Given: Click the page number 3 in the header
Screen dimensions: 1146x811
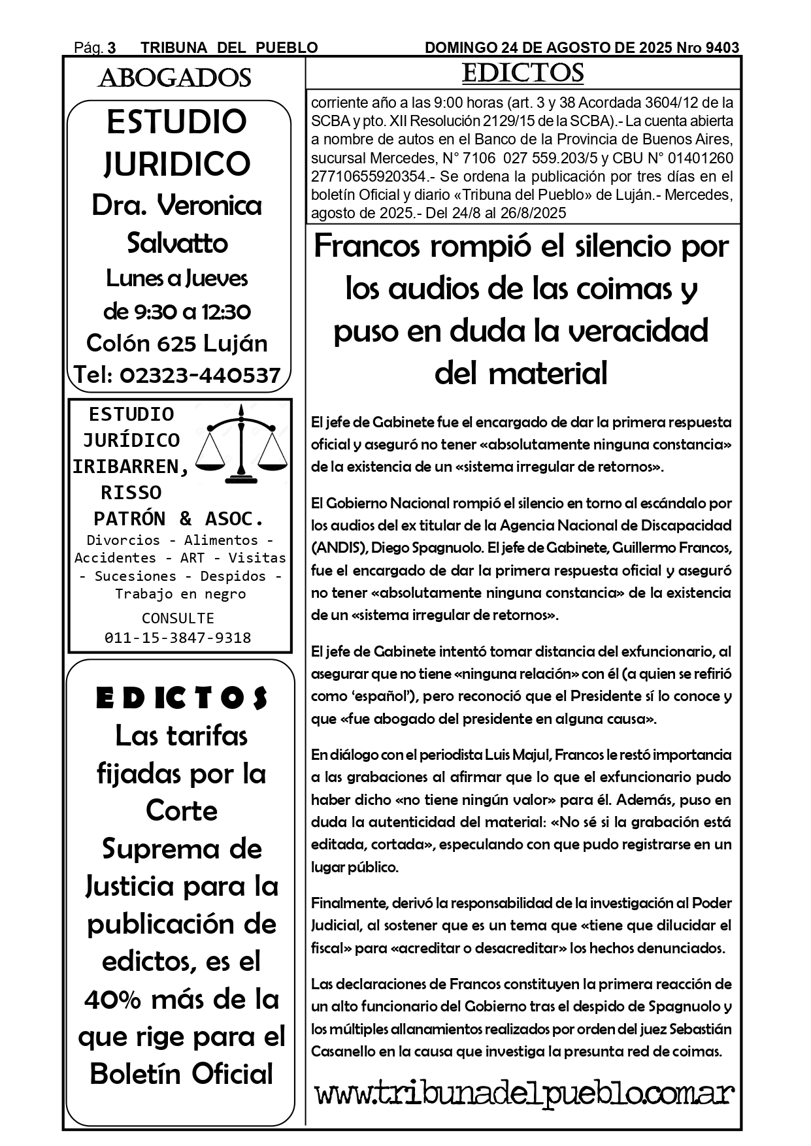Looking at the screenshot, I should pyautogui.click(x=112, y=48).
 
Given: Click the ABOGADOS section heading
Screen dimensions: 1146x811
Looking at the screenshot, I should pyautogui.click(x=174, y=78).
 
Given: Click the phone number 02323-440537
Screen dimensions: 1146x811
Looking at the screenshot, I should pyautogui.click(x=200, y=375).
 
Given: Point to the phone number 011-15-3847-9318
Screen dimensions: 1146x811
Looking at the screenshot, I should pyautogui.click(x=178, y=638).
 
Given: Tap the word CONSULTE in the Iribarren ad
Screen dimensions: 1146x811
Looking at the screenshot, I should pyautogui.click(x=178, y=618).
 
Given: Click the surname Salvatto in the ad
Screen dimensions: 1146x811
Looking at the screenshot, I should pyautogui.click(x=177, y=243).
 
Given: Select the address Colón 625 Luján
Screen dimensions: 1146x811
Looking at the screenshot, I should pyautogui.click(x=177, y=343).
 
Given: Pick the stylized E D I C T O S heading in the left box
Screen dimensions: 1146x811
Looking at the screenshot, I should pyautogui.click(x=182, y=698).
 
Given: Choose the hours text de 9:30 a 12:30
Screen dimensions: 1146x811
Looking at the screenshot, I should pyautogui.click(x=177, y=312).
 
